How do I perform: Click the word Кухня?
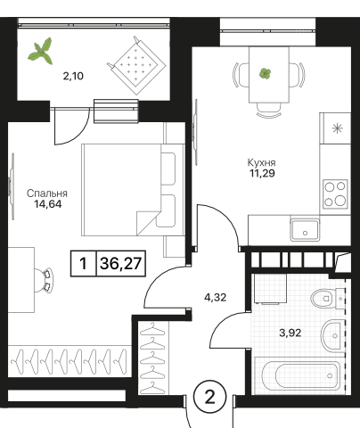261,163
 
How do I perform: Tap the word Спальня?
47,193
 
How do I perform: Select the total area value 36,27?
120,264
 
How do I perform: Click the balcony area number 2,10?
73,77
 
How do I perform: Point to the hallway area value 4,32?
216,297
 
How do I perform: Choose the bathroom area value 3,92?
290,333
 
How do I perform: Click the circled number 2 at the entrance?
210,397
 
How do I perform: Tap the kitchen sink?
305,230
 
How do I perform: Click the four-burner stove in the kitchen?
335,194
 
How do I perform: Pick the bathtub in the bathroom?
298,375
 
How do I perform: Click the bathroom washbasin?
331,336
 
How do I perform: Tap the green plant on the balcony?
41,51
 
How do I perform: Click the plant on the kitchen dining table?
265,73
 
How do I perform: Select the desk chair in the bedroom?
44,280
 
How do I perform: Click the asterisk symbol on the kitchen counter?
337,128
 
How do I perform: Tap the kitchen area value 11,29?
262,173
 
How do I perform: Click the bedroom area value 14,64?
48,204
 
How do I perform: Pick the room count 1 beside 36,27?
84,264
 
